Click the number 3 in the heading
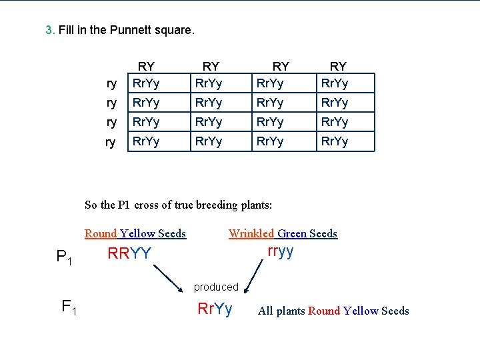click(49, 30)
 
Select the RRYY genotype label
click(129, 254)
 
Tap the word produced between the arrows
click(216, 287)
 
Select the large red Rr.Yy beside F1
click(215, 309)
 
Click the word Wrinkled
click(251, 233)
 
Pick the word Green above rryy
click(292, 233)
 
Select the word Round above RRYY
click(101, 233)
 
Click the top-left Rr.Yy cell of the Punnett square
click(146, 83)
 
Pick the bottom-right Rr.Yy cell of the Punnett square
click(335, 141)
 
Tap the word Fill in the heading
click(67, 30)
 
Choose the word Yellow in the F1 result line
click(361, 311)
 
